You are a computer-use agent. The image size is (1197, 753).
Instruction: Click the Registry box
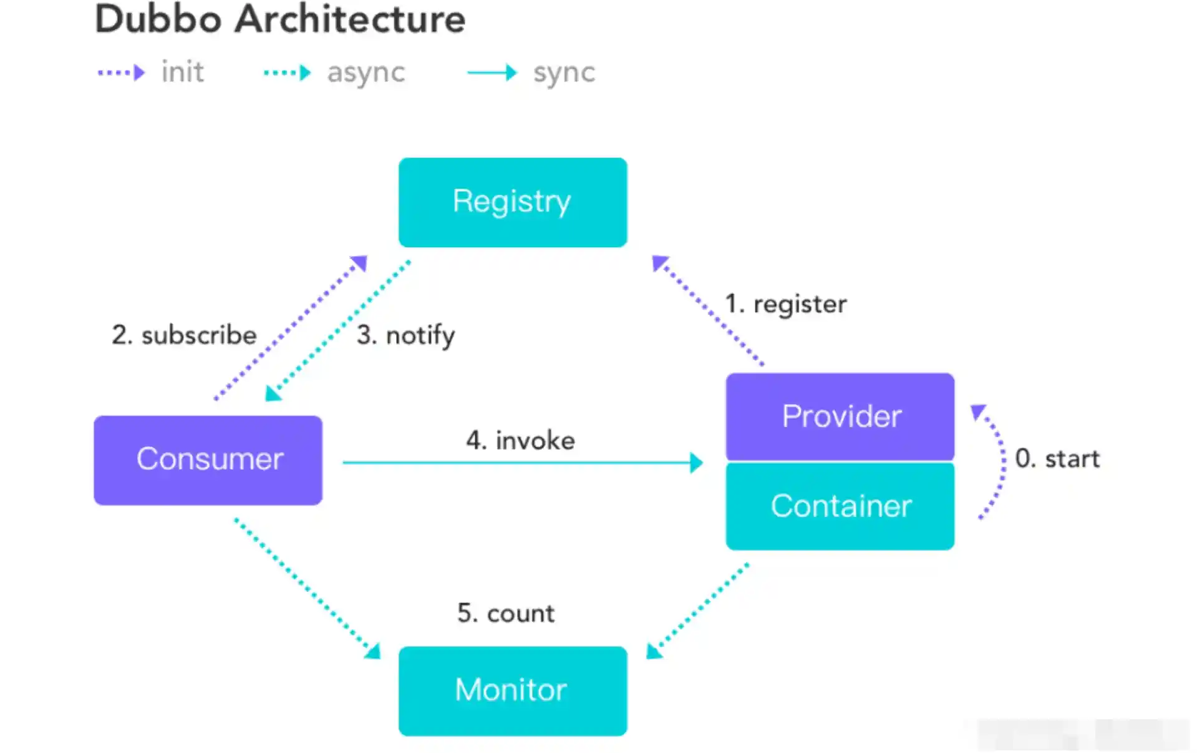pyautogui.click(x=513, y=202)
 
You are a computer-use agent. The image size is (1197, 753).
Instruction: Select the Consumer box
pyautogui.click(x=208, y=460)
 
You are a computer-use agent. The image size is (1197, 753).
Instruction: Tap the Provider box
pyautogui.click(x=840, y=416)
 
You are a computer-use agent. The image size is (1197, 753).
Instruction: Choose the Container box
pyautogui.click(x=840, y=506)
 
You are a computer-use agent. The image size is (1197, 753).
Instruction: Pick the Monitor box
pyautogui.click(x=513, y=691)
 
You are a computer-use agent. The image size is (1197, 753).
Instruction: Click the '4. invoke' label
pyautogui.click(x=521, y=441)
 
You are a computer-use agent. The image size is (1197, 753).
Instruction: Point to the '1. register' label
pyautogui.click(x=786, y=304)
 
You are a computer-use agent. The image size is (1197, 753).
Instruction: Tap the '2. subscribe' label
pyautogui.click(x=185, y=335)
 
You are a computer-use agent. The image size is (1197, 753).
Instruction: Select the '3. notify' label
pyautogui.click(x=406, y=336)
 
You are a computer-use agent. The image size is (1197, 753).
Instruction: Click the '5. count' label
pyautogui.click(x=506, y=613)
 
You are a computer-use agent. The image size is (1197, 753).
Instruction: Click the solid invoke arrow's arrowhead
pyautogui.click(x=697, y=463)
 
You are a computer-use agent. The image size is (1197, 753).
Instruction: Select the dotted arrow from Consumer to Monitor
pyautogui.click(x=307, y=588)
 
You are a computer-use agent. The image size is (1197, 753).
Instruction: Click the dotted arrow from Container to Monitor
pyautogui.click(x=697, y=611)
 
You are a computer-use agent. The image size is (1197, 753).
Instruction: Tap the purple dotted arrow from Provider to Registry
pyautogui.click(x=707, y=310)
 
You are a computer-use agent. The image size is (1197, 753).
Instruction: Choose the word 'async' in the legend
pyautogui.click(x=366, y=73)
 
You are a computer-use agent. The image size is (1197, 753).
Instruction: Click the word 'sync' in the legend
pyautogui.click(x=564, y=73)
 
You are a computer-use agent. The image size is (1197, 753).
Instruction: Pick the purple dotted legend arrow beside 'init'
pyautogui.click(x=122, y=73)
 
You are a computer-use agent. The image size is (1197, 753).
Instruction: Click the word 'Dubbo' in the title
pyautogui.click(x=158, y=19)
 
